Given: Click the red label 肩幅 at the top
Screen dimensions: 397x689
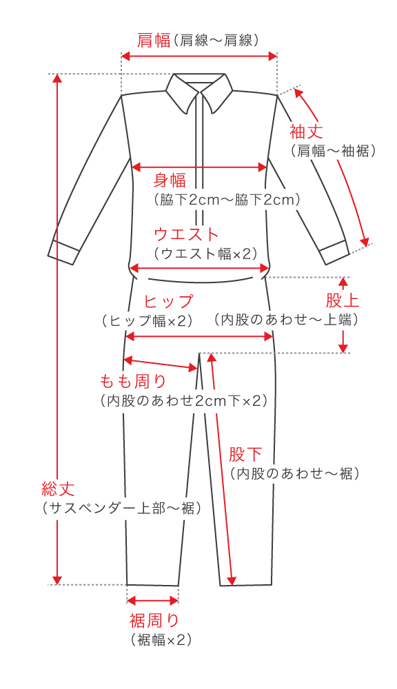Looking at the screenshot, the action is pyautogui.click(x=154, y=41).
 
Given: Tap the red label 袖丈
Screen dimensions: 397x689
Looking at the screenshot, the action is pyautogui.click(x=306, y=132).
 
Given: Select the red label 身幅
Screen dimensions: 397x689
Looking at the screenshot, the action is pyautogui.click(x=170, y=180).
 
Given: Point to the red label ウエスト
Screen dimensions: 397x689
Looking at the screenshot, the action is pyautogui.click(x=186, y=234).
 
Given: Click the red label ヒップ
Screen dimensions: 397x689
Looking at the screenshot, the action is pyautogui.click(x=169, y=302).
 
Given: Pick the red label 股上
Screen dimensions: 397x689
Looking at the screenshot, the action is pyautogui.click(x=342, y=300).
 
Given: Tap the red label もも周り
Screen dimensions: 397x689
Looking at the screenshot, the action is pyautogui.click(x=133, y=380).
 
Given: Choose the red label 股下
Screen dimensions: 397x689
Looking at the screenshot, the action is pyautogui.click(x=245, y=454).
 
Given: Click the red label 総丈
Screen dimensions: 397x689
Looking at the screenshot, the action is pyautogui.click(x=58, y=489).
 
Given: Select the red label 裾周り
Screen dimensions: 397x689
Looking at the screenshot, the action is pyautogui.click(x=154, y=621).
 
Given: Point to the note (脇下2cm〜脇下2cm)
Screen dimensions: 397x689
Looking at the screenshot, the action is pyautogui.click(x=227, y=200).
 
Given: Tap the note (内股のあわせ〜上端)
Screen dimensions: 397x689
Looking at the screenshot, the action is pyautogui.click(x=286, y=320).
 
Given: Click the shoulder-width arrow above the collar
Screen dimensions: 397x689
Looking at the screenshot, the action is pyautogui.click(x=199, y=56).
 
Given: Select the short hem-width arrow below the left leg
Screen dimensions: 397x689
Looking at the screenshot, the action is pyautogui.click(x=152, y=600).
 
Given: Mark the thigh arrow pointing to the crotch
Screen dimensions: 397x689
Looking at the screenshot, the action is pyautogui.click(x=160, y=364).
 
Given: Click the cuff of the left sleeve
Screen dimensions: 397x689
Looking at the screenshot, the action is pyautogui.click(x=63, y=253).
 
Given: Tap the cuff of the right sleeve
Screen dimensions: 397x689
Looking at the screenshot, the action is pyautogui.click(x=334, y=252).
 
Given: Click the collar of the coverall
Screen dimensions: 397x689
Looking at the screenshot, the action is pyautogui.click(x=199, y=92).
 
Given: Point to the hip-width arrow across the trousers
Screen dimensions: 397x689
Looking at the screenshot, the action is pyautogui.click(x=199, y=337).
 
